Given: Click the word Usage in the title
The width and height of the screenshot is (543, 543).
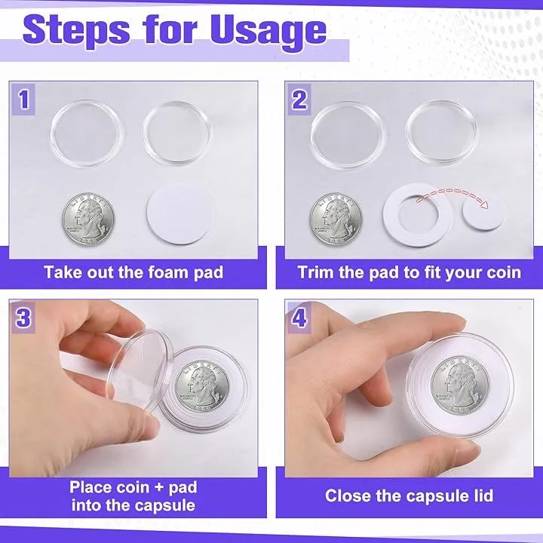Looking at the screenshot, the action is [268, 32].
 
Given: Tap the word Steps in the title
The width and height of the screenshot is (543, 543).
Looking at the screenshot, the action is [76, 32].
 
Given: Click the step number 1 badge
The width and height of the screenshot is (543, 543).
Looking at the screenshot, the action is [23, 100].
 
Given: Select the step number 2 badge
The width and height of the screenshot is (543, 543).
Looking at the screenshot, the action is [300, 100].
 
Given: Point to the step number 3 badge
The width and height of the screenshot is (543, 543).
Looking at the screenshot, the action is [23, 318].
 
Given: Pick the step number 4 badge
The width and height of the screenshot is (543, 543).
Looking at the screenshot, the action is [300, 318].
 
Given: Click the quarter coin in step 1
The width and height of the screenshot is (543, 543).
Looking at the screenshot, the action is [88, 219].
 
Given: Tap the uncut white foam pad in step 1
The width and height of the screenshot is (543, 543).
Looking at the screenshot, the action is [180, 213].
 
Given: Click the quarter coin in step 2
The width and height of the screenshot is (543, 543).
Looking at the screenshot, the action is [336, 219].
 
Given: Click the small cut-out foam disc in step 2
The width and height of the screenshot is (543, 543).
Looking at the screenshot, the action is [483, 215].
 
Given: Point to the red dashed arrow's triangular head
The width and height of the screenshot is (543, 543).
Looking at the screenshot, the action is [484, 205].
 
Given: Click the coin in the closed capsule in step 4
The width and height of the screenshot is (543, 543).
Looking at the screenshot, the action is [460, 385].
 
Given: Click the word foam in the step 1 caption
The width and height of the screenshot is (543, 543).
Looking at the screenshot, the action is [167, 272].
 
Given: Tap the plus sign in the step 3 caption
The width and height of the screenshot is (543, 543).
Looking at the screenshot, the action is [159, 488].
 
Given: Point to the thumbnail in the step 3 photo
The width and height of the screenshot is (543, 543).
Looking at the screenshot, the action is [149, 422].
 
